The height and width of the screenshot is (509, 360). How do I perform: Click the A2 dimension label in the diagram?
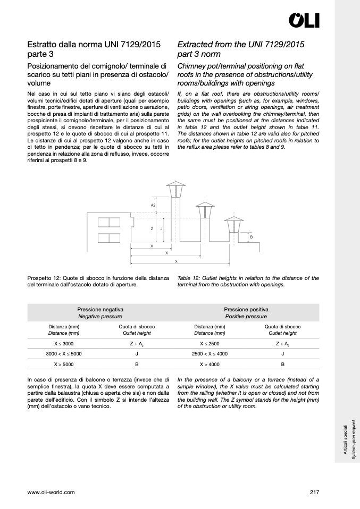pos(153,205)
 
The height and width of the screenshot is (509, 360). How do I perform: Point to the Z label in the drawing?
pos(152,228)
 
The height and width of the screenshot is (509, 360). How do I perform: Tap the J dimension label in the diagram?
pos(161,228)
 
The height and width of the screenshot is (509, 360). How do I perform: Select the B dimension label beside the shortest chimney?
pos(252,237)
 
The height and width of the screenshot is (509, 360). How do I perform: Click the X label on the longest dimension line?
pos(176,261)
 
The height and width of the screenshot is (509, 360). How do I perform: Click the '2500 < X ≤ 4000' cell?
pos(210,353)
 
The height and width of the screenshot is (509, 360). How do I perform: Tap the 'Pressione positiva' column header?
pos(246,309)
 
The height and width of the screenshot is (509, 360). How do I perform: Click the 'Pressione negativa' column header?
pos(101,309)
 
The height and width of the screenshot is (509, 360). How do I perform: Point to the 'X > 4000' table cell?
pos(210,364)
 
